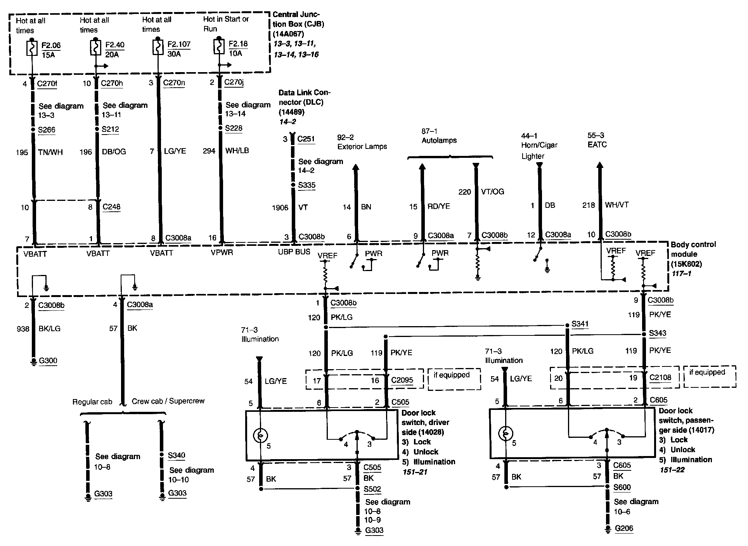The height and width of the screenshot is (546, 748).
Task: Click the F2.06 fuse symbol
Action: coord(31,48)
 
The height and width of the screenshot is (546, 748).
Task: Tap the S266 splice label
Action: coord(47,130)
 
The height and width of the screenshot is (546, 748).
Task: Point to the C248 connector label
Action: coord(111,207)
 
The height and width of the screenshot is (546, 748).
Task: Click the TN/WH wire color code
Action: coord(51,152)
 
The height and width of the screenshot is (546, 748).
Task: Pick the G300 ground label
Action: coord(48,361)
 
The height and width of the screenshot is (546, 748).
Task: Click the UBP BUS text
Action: coord(294,252)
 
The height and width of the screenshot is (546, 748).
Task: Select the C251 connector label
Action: coord(306,139)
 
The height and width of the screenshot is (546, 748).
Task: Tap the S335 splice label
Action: coord(306,185)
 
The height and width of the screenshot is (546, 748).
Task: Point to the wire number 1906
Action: coord(280,208)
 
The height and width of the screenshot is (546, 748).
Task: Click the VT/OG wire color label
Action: coord(492,192)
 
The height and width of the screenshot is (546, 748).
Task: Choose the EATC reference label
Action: coord(597,145)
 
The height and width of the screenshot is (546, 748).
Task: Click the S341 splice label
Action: coord(580,324)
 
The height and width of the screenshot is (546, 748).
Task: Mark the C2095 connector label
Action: coord(402,380)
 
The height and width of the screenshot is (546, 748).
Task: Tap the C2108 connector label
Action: coord(660,378)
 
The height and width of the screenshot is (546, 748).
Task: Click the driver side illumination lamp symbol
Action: coord(260,436)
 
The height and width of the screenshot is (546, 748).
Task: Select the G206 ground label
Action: coord(624,528)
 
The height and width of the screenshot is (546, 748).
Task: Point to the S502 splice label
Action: coord(372,489)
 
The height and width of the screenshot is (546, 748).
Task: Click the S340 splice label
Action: coord(177,455)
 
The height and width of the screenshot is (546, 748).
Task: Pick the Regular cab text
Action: coord(92,402)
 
